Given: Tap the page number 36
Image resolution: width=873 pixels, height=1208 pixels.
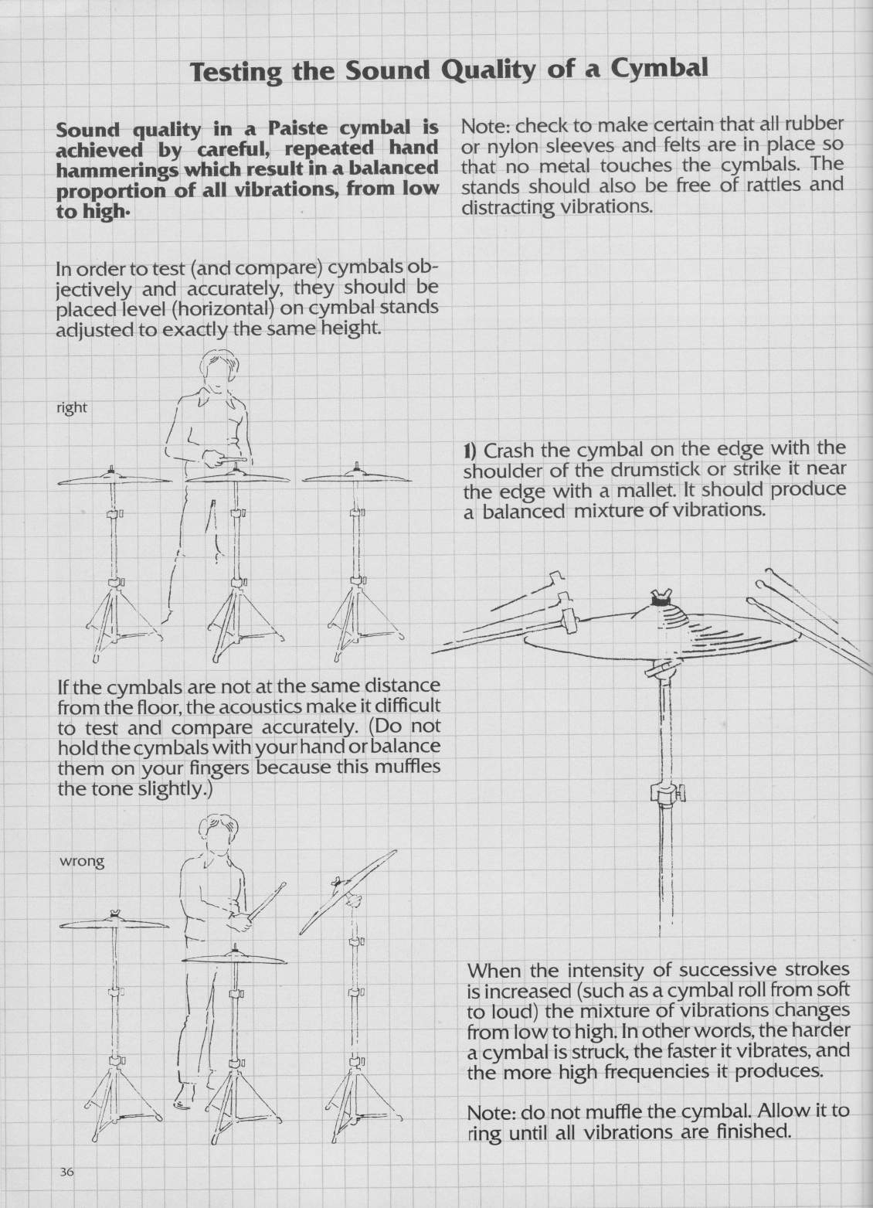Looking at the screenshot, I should [x=66, y=1172].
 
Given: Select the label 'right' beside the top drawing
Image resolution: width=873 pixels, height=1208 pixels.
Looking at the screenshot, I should [x=72, y=407].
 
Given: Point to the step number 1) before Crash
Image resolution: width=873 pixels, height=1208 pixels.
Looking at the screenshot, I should [x=472, y=450].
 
